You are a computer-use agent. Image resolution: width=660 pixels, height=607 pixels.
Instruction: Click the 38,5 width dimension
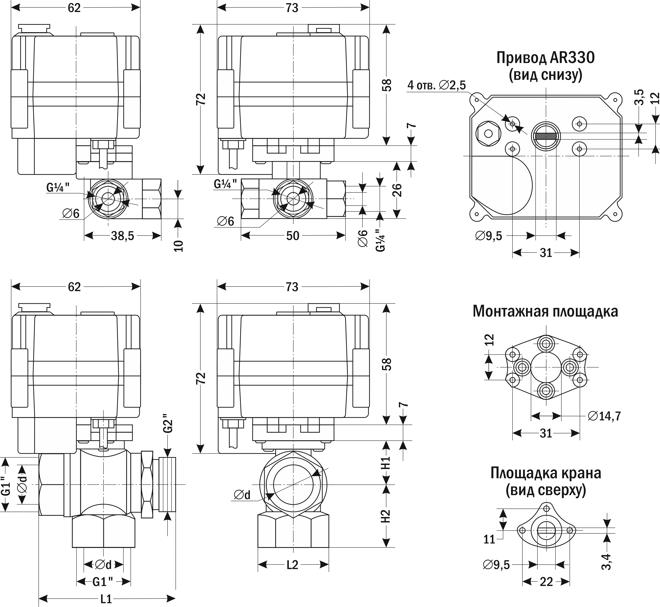[122, 236]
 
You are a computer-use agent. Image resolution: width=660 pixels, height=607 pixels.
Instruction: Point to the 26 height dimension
[397, 189]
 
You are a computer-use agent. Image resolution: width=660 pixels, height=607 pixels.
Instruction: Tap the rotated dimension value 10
[178, 246]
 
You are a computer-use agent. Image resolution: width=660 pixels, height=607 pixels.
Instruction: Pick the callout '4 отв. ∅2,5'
[436, 85]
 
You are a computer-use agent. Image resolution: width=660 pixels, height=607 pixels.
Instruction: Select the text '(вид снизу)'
[545, 75]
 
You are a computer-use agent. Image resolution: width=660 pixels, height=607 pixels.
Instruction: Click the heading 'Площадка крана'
[546, 473]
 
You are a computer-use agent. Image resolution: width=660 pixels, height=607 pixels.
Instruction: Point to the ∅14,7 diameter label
[604, 416]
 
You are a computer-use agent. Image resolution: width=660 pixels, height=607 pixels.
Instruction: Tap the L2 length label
[292, 565]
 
